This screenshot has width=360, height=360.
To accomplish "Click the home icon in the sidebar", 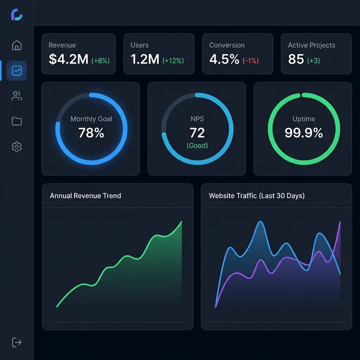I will [x=17, y=45].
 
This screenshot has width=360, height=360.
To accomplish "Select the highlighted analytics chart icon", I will [x=17, y=71].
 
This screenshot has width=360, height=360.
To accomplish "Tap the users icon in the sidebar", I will [x=17, y=96].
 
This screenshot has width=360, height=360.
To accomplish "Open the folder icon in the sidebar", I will [x=17, y=121].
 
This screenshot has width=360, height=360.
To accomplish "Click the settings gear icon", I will [x=17, y=147].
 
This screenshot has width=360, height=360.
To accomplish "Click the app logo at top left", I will [x=17, y=14].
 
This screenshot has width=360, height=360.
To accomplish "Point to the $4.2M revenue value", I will [x=68, y=59].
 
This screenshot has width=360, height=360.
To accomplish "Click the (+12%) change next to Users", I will [x=173, y=61].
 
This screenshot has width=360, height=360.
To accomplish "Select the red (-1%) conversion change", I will [x=250, y=61].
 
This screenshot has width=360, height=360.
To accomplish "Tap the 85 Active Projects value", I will [x=296, y=59].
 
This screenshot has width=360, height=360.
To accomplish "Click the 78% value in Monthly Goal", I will [x=91, y=133].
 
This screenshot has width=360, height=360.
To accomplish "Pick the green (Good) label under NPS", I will [x=197, y=145].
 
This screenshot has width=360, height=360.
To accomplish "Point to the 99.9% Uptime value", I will [x=304, y=133].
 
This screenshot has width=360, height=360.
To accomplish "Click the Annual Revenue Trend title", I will [x=85, y=196].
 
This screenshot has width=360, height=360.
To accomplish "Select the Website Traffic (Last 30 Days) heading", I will [x=257, y=196].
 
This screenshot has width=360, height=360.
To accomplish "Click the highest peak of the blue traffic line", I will [x=261, y=222].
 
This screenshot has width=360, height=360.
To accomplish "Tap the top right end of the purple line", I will [x=340, y=222].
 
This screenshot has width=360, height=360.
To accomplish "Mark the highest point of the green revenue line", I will [x=181, y=222].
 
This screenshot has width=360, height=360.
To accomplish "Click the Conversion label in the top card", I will [x=227, y=45].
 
